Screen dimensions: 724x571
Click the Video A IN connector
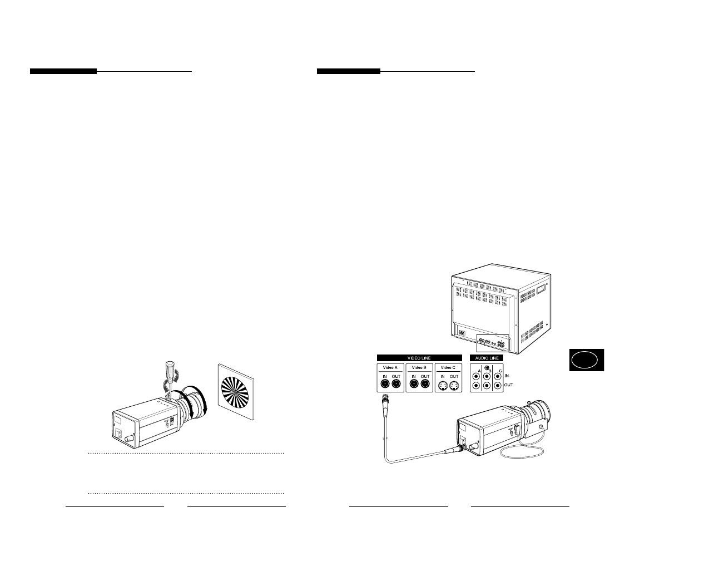pyautogui.click(x=384, y=383)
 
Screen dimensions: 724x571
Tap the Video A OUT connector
pyautogui.click(x=396, y=383)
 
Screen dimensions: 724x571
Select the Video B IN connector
pyautogui.click(x=413, y=383)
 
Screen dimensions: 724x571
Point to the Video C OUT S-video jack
pyautogui.click(x=454, y=383)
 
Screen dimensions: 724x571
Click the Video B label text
pyautogui.click(x=419, y=367)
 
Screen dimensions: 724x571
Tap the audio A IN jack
pyautogui.click(x=475, y=375)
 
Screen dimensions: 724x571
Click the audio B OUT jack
pyautogui.click(x=487, y=385)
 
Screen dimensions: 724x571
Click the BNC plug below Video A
pyautogui.click(x=384, y=401)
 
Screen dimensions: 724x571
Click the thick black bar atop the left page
pyautogui.click(x=63, y=71)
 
